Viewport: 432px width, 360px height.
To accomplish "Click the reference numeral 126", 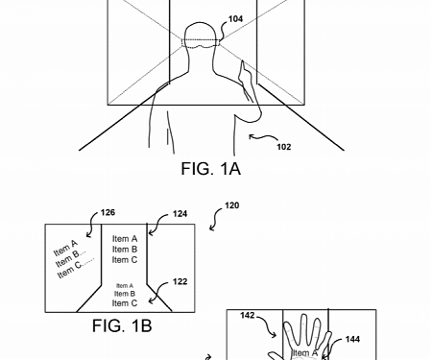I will [107, 213].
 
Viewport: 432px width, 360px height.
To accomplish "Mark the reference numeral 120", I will [231, 204].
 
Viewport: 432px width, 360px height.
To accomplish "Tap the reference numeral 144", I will [352, 339].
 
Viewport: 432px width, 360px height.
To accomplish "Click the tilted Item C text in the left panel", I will [74, 269].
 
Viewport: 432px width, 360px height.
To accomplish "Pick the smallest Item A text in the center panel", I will [124, 285].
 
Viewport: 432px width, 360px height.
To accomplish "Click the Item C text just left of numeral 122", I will [125, 303].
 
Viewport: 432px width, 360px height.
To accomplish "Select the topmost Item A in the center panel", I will [125, 239].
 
